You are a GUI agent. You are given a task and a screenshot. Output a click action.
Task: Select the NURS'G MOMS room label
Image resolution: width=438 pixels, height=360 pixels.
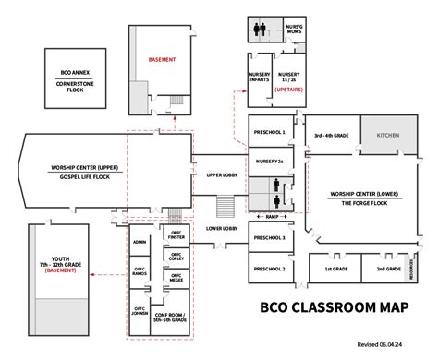pyautogui.click(x=295, y=28)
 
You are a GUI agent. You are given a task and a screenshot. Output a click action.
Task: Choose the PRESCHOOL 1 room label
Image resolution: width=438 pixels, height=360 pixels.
pyautogui.click(x=269, y=132)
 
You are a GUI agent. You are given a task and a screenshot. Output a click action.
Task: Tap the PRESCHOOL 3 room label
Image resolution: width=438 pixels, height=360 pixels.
pyautogui.click(x=269, y=237)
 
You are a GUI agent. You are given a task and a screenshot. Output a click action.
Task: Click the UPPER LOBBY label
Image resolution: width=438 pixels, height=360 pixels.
pyautogui.click(x=222, y=174)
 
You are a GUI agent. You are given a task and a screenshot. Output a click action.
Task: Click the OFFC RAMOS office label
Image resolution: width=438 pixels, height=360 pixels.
pyautogui.click(x=140, y=273)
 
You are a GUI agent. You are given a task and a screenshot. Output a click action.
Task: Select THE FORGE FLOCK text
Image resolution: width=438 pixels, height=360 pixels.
pyautogui.click(x=356, y=202)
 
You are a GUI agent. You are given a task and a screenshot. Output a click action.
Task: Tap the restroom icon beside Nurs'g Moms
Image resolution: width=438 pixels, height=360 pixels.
pyautogui.click(x=261, y=28)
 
